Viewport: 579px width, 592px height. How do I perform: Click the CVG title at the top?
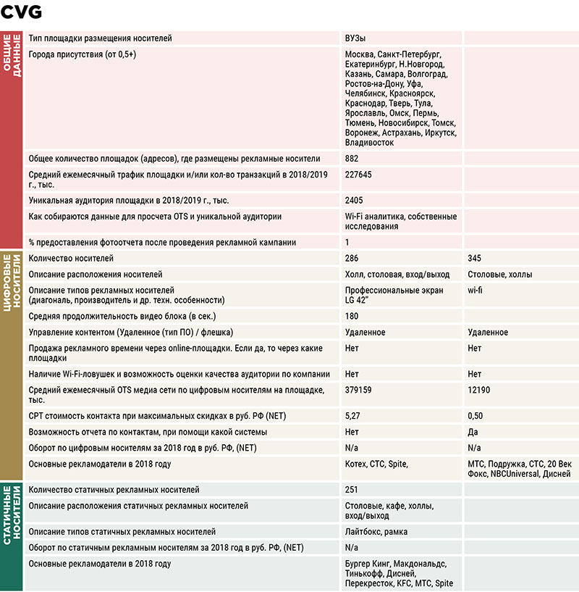22,12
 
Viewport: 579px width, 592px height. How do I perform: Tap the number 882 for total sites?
352,159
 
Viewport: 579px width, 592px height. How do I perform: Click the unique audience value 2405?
355,201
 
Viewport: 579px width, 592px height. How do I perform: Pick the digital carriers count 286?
352,259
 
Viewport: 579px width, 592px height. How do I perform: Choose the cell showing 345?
475,259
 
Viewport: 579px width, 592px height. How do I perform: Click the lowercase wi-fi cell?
475,290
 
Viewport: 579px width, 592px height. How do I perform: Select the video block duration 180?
352,316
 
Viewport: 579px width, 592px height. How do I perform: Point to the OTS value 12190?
479,391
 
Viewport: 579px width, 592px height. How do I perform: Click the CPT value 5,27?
352,417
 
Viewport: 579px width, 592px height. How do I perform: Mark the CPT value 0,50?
475,417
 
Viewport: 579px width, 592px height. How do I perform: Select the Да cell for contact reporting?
473,433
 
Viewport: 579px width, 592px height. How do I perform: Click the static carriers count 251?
352,491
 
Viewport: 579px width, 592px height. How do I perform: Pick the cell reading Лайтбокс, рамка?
376,532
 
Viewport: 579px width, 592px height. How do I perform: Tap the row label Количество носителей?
71,259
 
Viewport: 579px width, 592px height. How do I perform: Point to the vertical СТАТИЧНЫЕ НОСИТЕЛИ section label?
12,536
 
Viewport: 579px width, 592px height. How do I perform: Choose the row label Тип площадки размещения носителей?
101,38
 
